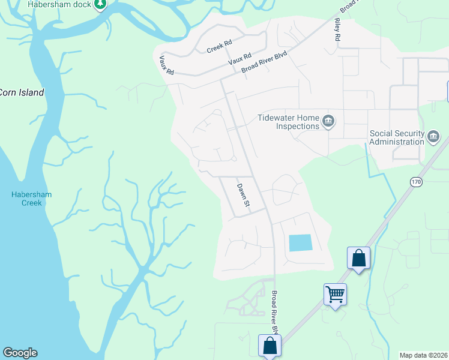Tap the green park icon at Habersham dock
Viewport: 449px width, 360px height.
pyautogui.click(x=100, y=5)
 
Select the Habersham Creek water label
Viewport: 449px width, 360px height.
pyautogui.click(x=27, y=199)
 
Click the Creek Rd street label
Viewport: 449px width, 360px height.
pyautogui.click(x=219, y=47)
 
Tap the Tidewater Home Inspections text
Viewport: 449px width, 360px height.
pyautogui.click(x=289, y=122)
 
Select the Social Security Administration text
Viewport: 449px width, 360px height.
pyautogui.click(x=397, y=137)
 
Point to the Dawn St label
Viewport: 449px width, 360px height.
pyautogui.click(x=243, y=196)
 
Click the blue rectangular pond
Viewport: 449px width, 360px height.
pyautogui.click(x=301, y=243)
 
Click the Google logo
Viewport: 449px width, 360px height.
pyautogui.click(x=20, y=353)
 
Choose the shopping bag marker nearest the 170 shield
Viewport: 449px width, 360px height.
pyautogui.click(x=358, y=258)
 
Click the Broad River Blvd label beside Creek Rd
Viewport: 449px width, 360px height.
pyautogui.click(x=265, y=62)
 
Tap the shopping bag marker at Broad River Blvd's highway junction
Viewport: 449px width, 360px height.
pyautogui.click(x=270, y=346)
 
